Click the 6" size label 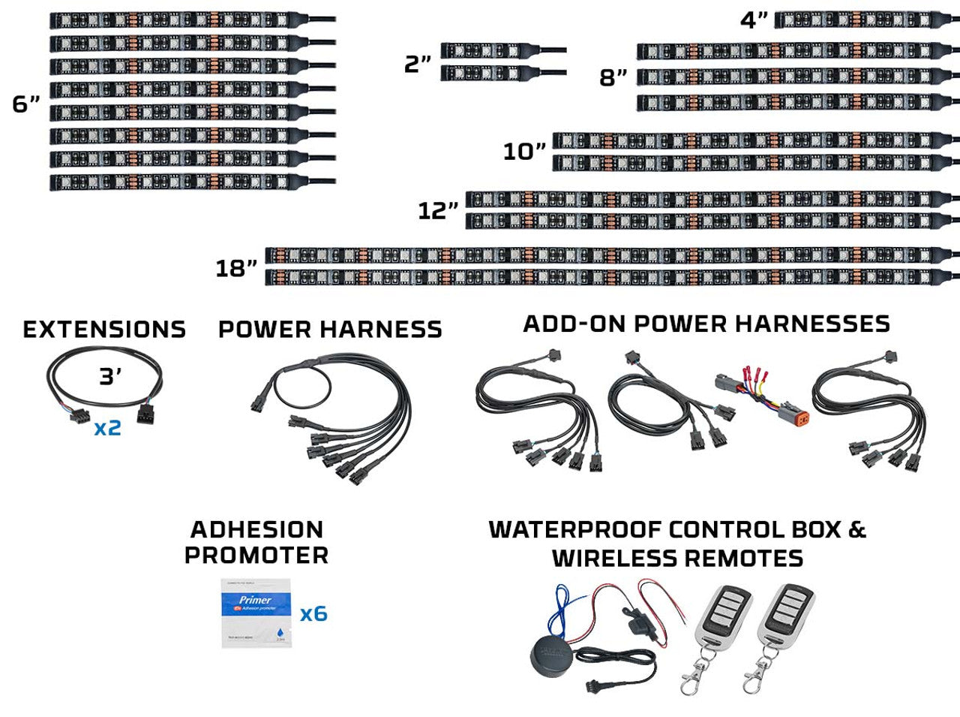(25, 104)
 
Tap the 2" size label (418, 65)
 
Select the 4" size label (754, 20)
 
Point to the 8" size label (613, 77)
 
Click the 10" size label (524, 152)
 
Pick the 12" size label (438, 210)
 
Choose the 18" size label (236, 268)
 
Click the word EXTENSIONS (104, 330)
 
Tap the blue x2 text (107, 429)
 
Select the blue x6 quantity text (313, 614)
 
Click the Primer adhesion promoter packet (256, 613)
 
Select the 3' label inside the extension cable (110, 377)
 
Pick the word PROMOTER (256, 556)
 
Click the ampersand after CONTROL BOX (857, 529)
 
